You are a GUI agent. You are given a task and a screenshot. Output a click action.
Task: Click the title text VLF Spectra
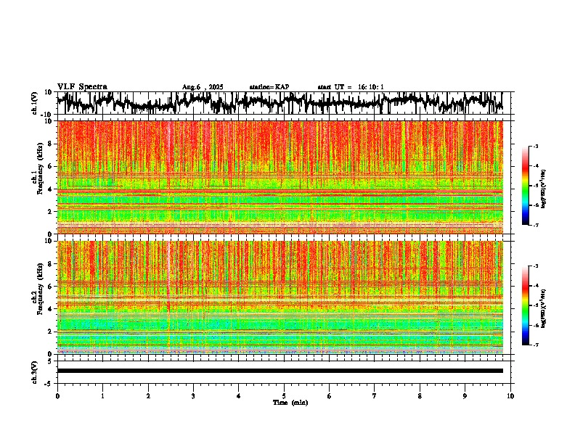(x=82, y=86)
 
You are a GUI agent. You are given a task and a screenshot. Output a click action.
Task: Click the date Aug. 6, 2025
(x=203, y=87)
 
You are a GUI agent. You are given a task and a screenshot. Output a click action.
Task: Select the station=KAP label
(x=269, y=87)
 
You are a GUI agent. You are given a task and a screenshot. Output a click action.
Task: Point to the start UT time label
(x=351, y=87)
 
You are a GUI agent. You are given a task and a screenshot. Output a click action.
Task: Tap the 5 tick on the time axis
(x=284, y=396)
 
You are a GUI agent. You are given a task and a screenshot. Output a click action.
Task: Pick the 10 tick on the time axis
(x=510, y=396)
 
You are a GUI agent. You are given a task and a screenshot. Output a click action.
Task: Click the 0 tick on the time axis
(x=57, y=396)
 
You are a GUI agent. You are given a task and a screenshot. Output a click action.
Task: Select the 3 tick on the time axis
(x=193, y=396)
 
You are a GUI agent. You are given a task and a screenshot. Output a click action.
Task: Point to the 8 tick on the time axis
(x=420, y=396)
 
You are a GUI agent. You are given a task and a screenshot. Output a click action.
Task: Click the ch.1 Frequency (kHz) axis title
(x=37, y=178)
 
